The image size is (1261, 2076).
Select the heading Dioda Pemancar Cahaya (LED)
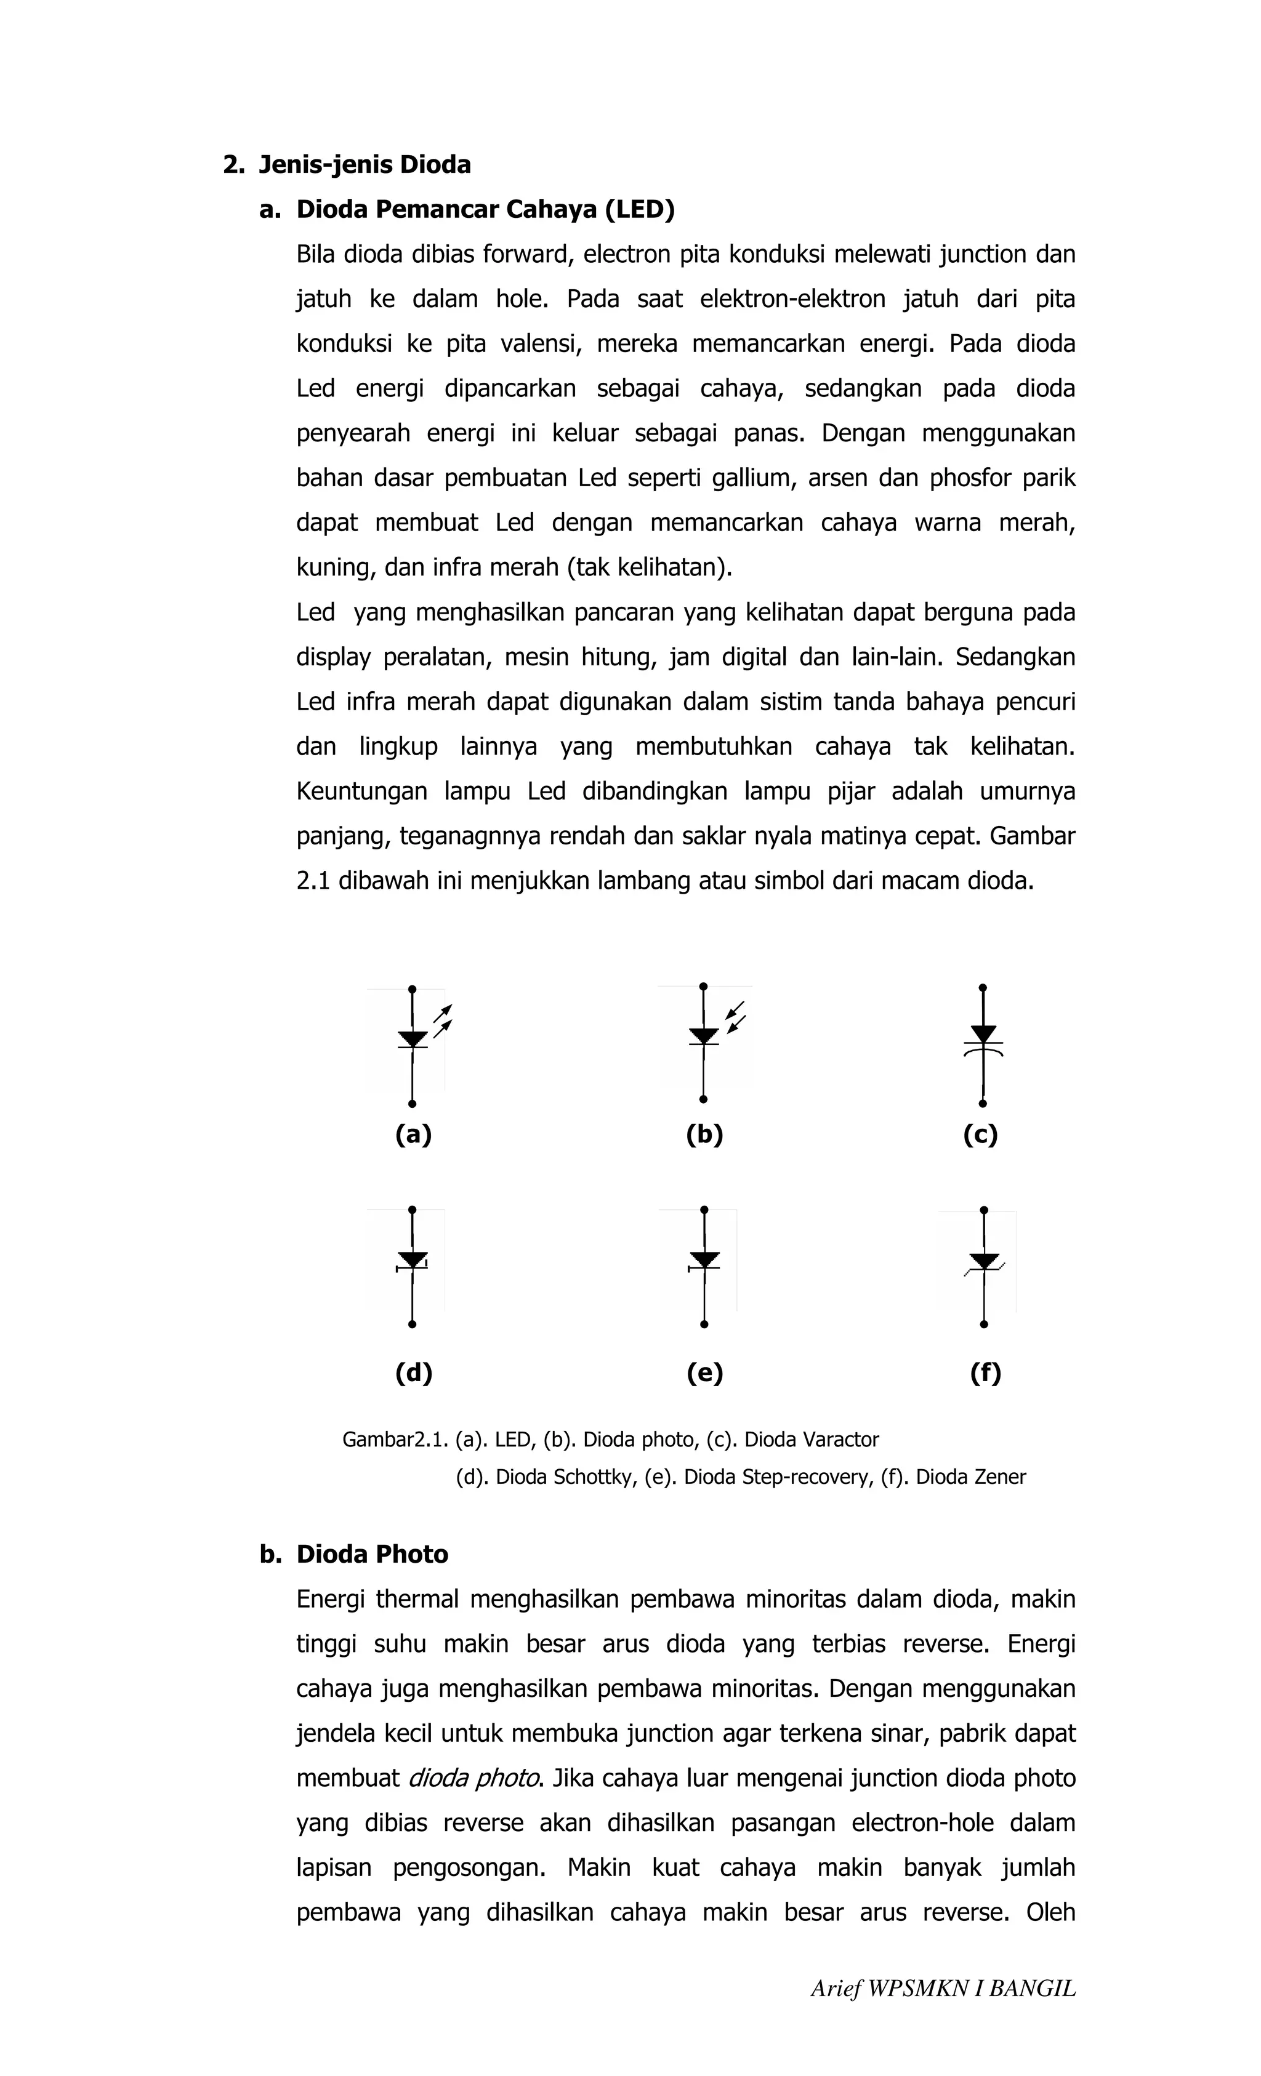pyautogui.click(x=485, y=209)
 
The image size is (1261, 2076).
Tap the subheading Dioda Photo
pyautogui.click(x=372, y=1555)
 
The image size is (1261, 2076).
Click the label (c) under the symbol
pyautogui.click(x=980, y=1135)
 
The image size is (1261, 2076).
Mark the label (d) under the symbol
pyautogui.click(x=413, y=1373)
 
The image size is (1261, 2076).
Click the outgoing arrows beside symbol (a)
pyautogui.click(x=443, y=1018)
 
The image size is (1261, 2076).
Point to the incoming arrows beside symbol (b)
pyautogui.click(x=736, y=1017)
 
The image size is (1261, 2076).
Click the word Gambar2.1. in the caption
pyautogui.click(x=395, y=1440)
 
